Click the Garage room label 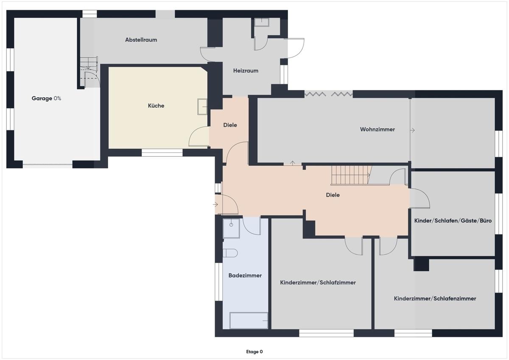[x=42, y=98]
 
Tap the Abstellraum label [x=141, y=40]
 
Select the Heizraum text [x=246, y=71]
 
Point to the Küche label [x=156, y=106]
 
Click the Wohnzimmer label [x=378, y=129]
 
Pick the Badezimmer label [x=245, y=276]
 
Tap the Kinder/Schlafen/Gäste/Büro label [x=453, y=221]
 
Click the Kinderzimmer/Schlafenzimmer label [x=435, y=298]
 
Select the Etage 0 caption [x=254, y=352]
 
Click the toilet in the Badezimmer [x=230, y=253]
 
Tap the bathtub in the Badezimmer [x=249, y=321]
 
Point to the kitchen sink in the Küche [x=202, y=107]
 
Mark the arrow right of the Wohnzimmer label [x=412, y=130]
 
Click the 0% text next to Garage [x=57, y=98]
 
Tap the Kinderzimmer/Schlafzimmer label [x=318, y=283]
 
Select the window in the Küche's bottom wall [x=162, y=152]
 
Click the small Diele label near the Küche [x=230, y=125]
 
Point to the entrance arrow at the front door [x=215, y=205]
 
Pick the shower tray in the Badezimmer [x=231, y=228]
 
